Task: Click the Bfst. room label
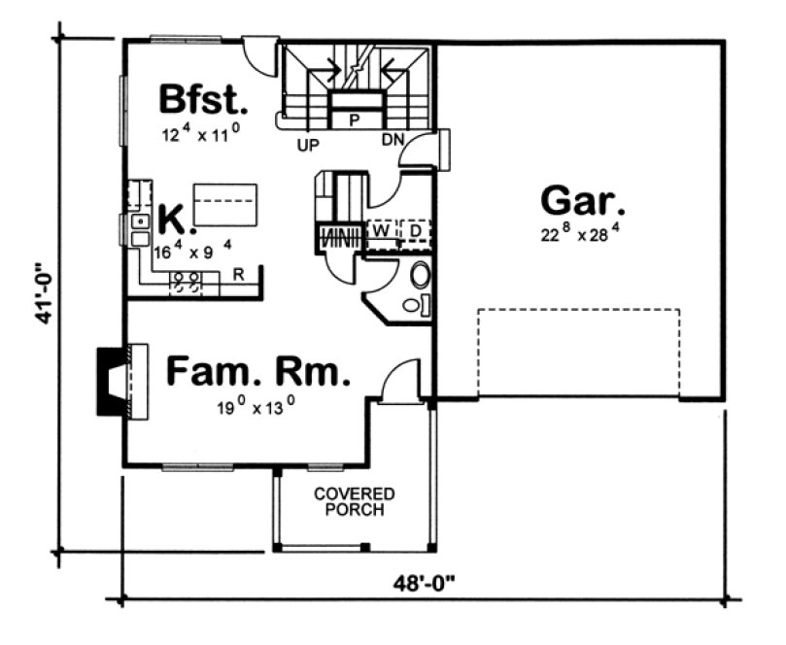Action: coord(203,100)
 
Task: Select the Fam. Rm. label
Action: coord(256,371)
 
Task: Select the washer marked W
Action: coord(382,231)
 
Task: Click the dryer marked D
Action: coord(414,231)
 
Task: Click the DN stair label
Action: coord(392,142)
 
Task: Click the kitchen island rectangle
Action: coord(227,203)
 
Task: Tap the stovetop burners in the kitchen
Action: coord(186,282)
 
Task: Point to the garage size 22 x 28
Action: coord(581,235)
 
